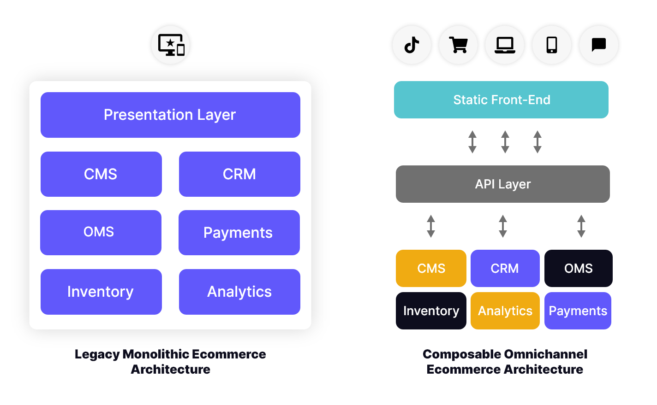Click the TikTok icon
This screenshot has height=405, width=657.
click(x=412, y=45)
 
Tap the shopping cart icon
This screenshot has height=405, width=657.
click(x=459, y=45)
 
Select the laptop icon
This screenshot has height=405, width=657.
click(x=505, y=45)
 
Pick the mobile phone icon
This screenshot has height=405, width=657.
click(x=552, y=45)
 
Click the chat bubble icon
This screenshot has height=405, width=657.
click(x=598, y=45)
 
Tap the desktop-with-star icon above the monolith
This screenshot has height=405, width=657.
click(x=171, y=45)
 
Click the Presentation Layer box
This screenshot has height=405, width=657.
click(x=170, y=115)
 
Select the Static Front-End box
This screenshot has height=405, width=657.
click(x=501, y=100)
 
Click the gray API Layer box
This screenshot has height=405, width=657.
click(x=503, y=184)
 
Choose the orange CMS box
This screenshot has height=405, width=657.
click(x=431, y=268)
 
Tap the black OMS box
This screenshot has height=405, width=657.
click(x=579, y=268)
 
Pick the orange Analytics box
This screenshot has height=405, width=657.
click(x=505, y=311)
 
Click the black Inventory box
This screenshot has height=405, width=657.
click(x=431, y=311)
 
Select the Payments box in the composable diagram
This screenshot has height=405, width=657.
click(x=578, y=311)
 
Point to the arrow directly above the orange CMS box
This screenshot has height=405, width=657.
click(x=431, y=226)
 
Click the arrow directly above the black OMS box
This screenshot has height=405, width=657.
click(x=581, y=226)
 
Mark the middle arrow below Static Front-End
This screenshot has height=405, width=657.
click(x=505, y=142)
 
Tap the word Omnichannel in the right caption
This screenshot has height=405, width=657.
click(x=545, y=354)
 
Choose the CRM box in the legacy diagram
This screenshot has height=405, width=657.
click(x=239, y=174)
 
